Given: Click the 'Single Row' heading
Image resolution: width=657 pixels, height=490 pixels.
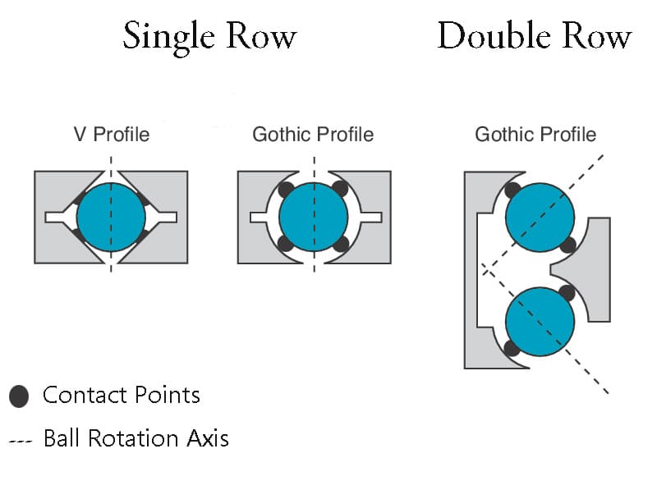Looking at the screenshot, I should coord(209,37).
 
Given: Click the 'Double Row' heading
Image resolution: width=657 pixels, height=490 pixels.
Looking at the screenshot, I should coord(534,37).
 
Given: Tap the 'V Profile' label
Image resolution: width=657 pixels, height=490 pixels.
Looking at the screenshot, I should coord(112,135).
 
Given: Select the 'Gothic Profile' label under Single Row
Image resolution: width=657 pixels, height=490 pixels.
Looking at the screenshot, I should coord(313,135).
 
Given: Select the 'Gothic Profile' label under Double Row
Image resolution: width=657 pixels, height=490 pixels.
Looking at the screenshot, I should coord(535,135).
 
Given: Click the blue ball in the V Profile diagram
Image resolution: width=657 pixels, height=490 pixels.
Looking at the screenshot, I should coord(111,218).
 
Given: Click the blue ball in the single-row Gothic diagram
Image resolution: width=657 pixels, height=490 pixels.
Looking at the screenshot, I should coord(314,218).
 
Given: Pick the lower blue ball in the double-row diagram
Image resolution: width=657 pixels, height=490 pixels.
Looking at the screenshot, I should coord(540,321).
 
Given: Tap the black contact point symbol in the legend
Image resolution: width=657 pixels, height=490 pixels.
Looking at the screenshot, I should coord(19,396).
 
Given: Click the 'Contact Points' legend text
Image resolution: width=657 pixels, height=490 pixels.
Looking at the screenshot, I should coord(122,396).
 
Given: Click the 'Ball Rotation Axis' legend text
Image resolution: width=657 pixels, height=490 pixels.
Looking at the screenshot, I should coord(136,438).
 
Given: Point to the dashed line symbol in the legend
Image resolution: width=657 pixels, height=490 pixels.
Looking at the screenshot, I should coord(21,441).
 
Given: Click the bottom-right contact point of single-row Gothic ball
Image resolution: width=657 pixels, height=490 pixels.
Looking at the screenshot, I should coord(342,244).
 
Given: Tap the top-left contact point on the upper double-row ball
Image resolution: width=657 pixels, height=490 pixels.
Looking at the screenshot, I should coord(512,190).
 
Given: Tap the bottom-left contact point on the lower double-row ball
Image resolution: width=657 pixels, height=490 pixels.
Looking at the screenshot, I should coord(512,348).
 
